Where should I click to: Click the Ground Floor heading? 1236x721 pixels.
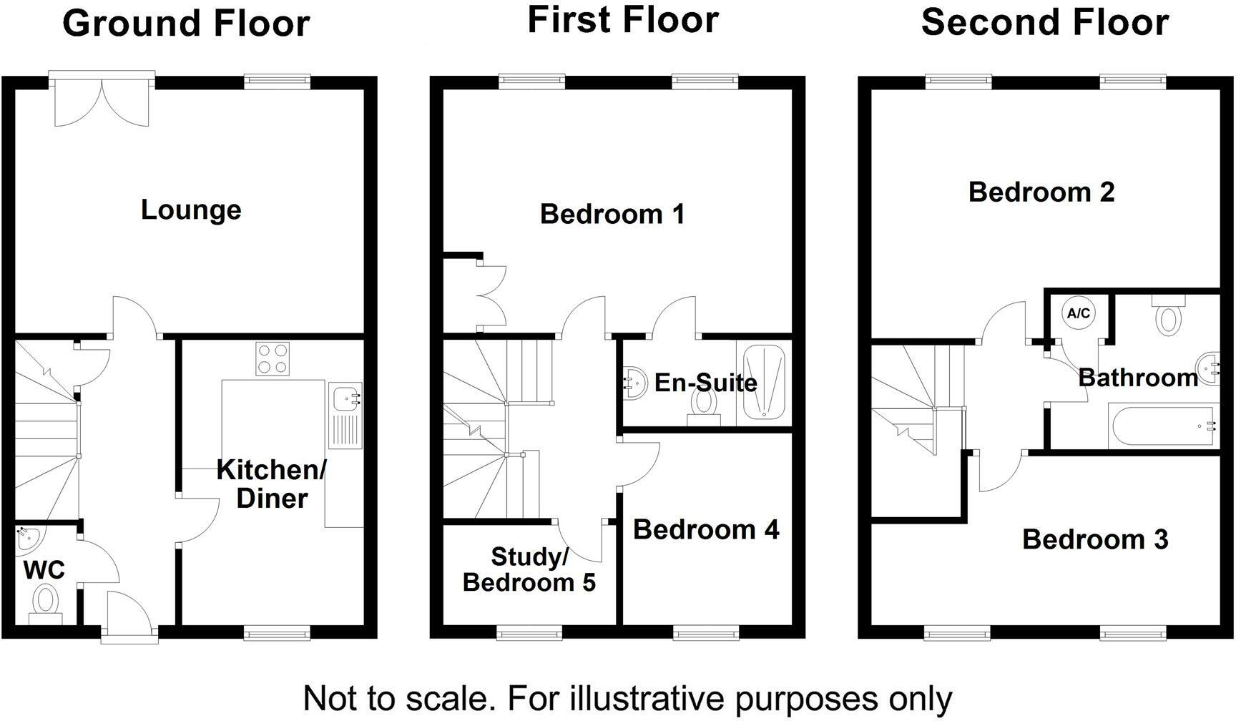point(186,23)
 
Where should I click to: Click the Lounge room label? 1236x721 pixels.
point(191,210)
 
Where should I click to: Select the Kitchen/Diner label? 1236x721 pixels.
point(272,484)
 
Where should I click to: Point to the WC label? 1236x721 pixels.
point(44,570)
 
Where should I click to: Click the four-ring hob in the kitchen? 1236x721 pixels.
point(273,358)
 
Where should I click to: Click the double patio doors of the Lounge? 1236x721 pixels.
point(102,100)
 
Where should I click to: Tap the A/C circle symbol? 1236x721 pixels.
point(1078,313)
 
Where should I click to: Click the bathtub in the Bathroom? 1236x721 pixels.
point(1162,427)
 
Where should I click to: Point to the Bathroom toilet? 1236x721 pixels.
point(1167,316)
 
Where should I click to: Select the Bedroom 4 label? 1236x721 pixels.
point(706,529)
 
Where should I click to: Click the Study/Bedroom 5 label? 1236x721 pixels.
point(529,569)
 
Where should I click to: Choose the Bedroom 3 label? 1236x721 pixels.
point(1094,539)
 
